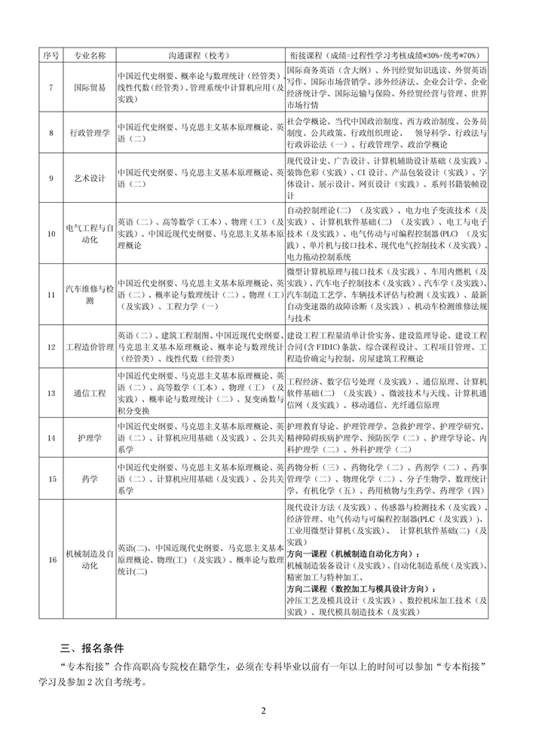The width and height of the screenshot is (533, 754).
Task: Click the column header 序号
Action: click(51, 56)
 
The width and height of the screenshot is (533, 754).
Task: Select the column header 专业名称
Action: click(90, 56)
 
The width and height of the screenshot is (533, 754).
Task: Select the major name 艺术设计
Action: click(90, 178)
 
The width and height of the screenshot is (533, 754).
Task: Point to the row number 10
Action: click(51, 234)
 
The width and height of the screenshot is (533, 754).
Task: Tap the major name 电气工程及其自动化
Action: click(90, 234)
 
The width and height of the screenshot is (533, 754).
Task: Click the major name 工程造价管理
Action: click(90, 347)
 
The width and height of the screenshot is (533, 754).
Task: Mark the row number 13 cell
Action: click(51, 393)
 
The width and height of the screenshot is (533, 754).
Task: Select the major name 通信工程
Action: click(90, 393)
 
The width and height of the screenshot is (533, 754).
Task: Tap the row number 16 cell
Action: click(51, 559)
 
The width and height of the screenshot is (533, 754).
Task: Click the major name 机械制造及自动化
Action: click(90, 559)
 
